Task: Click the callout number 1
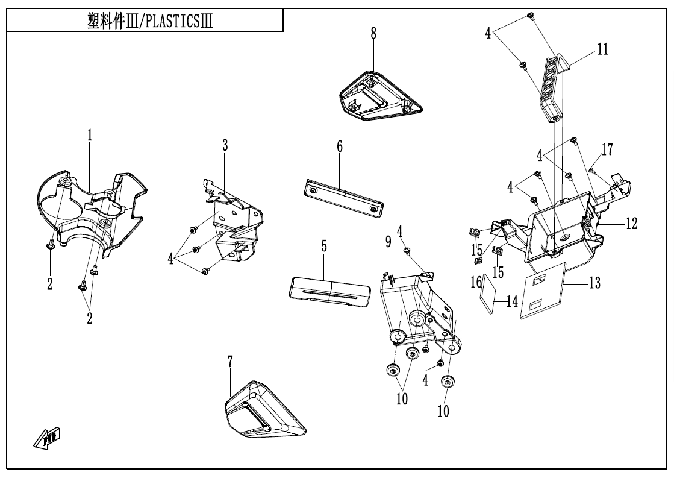(89, 136)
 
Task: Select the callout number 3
(225, 145)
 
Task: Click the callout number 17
(606, 150)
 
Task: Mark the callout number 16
(476, 281)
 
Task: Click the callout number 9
(389, 244)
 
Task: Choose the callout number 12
(630, 224)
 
